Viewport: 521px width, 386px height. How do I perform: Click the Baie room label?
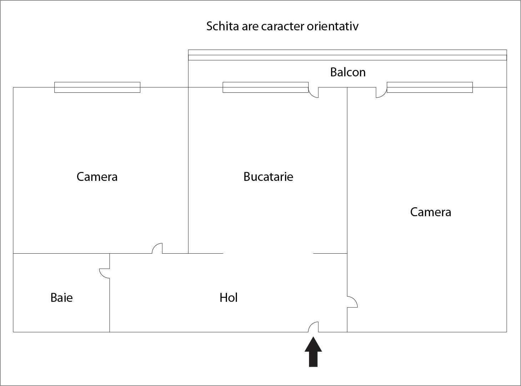click(x=61, y=298)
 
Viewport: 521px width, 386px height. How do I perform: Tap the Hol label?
click(x=228, y=298)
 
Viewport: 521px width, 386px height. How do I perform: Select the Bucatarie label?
click(x=268, y=177)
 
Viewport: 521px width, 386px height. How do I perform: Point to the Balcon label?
click(x=348, y=72)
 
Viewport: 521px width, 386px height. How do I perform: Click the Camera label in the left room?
click(x=97, y=177)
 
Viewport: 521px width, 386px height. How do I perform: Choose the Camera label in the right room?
click(x=431, y=212)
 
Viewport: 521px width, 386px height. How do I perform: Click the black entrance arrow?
click(x=313, y=352)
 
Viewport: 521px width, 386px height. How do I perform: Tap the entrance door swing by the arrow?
click(x=313, y=327)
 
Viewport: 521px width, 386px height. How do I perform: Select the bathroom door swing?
click(x=105, y=274)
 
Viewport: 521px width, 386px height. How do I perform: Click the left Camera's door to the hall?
click(x=157, y=248)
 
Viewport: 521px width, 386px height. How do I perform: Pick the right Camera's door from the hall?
click(x=352, y=302)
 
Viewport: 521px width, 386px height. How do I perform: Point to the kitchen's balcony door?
click(x=313, y=92)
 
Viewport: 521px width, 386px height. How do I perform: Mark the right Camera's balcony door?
click(x=381, y=92)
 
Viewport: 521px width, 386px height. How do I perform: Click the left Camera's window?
click(x=97, y=87)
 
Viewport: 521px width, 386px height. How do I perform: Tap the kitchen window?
click(x=265, y=87)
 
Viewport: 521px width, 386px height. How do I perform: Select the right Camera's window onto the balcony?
click(x=430, y=87)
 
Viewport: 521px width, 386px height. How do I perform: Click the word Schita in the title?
click(x=222, y=26)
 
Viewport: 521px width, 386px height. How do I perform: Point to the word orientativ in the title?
click(x=333, y=26)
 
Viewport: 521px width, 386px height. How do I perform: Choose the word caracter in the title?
click(x=283, y=26)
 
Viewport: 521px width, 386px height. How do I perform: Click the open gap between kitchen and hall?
click(x=268, y=254)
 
